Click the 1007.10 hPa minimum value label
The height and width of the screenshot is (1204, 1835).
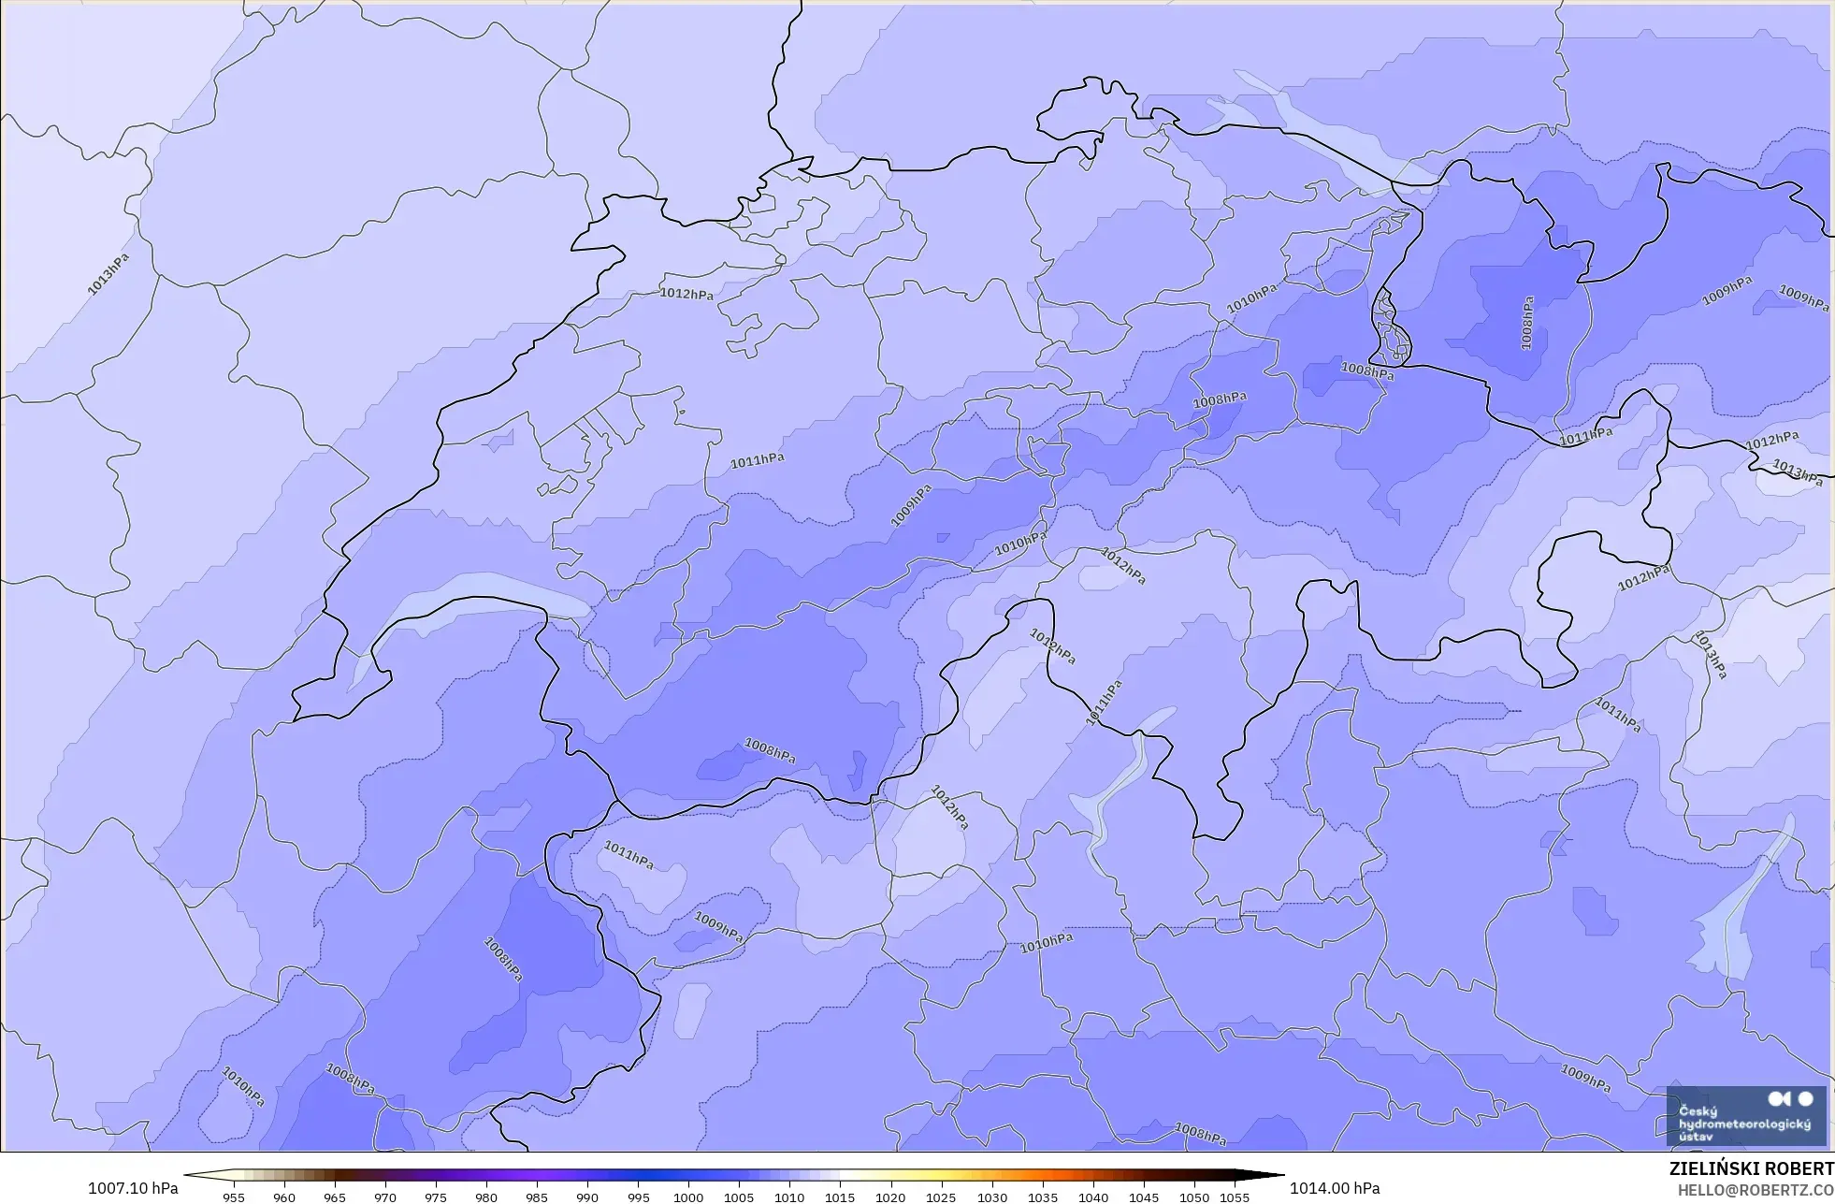click(x=132, y=1188)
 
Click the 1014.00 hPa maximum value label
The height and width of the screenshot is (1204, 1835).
click(x=1335, y=1188)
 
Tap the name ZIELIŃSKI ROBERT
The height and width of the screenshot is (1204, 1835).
click(x=1751, y=1169)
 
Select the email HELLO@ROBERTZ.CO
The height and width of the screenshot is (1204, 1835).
click(x=1755, y=1190)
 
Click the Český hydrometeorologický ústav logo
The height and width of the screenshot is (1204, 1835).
click(x=1745, y=1116)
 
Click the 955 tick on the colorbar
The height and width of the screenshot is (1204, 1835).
click(x=234, y=1197)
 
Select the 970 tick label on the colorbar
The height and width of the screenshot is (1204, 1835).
click(x=385, y=1197)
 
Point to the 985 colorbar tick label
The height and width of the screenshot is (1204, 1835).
click(x=537, y=1197)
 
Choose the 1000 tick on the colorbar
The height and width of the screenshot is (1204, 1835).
click(x=688, y=1197)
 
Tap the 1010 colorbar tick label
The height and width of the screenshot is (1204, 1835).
click(x=789, y=1197)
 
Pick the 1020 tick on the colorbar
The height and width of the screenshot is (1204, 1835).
click(x=890, y=1197)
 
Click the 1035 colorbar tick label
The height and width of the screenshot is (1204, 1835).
click(x=1042, y=1197)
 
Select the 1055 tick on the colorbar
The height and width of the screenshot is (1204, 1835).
click(x=1235, y=1197)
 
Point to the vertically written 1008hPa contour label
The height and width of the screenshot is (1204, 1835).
click(x=1527, y=324)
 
